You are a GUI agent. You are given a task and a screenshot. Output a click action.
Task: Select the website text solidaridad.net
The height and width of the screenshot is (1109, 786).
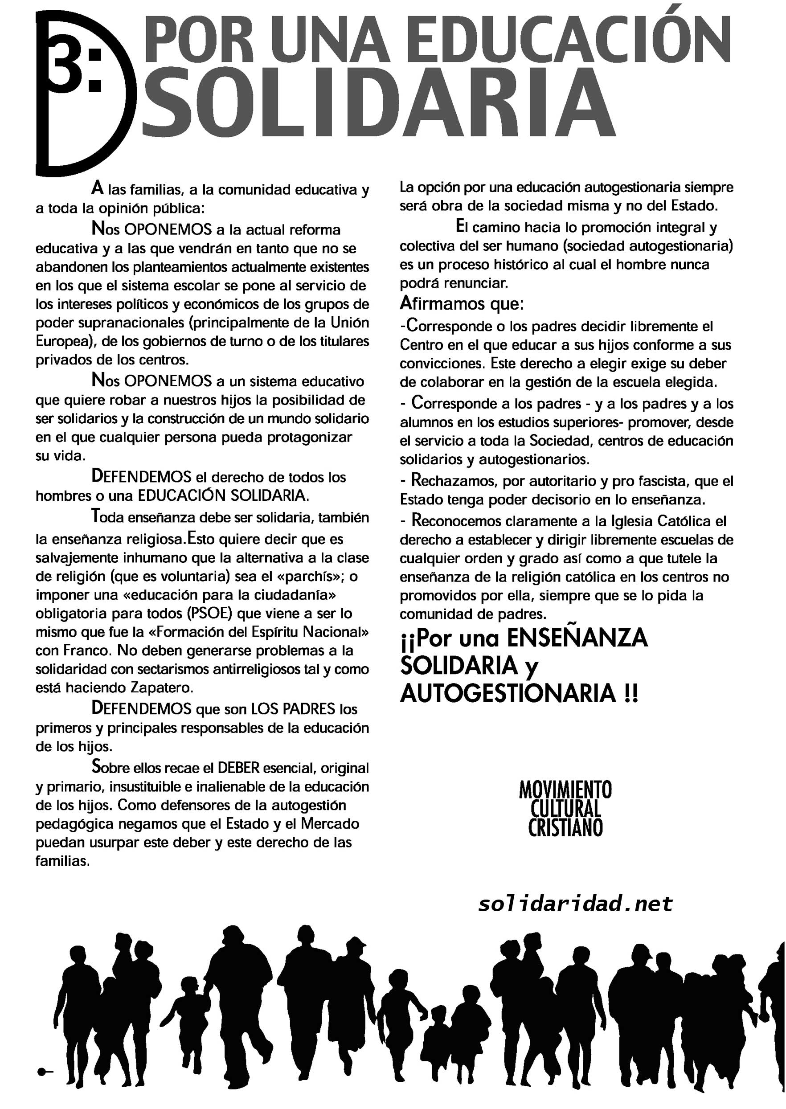[x=575, y=903]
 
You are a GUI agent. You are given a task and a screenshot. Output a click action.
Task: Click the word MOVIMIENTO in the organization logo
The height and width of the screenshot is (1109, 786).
[x=565, y=790]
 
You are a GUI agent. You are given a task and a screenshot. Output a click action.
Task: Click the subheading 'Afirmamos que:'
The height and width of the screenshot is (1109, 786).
[x=462, y=304]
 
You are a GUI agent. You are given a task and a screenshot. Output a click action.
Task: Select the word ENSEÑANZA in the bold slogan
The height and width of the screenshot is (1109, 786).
[x=577, y=638]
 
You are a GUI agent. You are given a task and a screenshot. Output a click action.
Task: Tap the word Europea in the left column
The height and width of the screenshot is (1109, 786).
[x=61, y=341]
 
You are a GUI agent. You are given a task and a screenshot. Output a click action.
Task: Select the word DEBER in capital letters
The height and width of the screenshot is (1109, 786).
[x=239, y=768]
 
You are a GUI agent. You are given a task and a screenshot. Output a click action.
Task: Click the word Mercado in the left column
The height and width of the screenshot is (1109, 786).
[x=330, y=823]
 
